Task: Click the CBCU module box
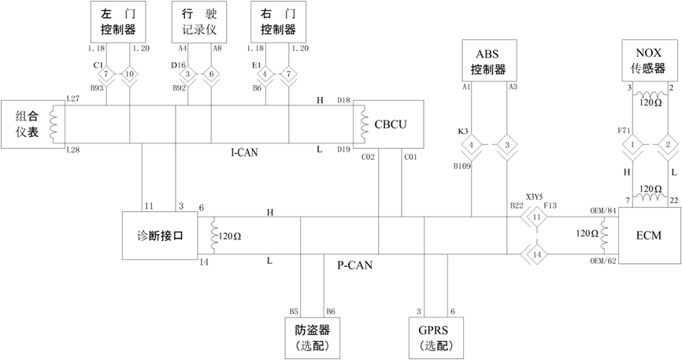[x=389, y=125]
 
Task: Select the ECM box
[x=650, y=235]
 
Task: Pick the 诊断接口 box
[x=159, y=235]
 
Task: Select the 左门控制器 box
[x=119, y=22]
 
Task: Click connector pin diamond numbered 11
[x=536, y=217]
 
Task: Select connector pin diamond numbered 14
[x=536, y=254]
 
